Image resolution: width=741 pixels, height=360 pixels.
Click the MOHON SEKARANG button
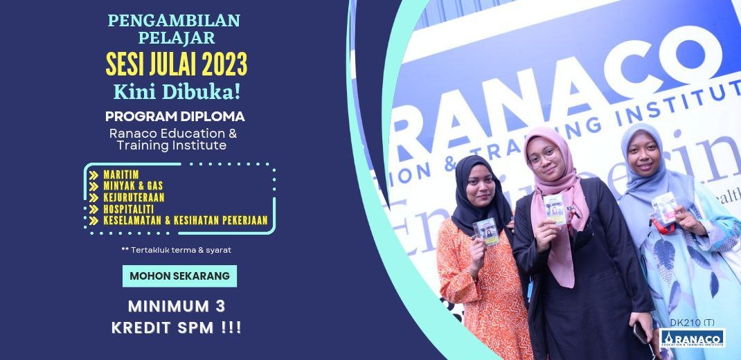tap(179, 276)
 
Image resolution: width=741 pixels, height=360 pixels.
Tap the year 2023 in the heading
tap(224, 65)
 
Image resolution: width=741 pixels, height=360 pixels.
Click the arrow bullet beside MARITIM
tap(93, 174)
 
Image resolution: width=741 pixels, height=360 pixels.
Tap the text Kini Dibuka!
tap(177, 91)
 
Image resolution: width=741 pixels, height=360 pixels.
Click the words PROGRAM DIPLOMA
tap(175, 116)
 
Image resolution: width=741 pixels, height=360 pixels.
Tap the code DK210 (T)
tap(692, 323)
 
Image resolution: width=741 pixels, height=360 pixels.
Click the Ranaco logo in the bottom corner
tap(692, 338)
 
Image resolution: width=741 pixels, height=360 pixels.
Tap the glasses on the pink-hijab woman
tap(544, 159)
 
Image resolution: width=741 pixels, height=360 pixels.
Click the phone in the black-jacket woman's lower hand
tap(640, 332)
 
